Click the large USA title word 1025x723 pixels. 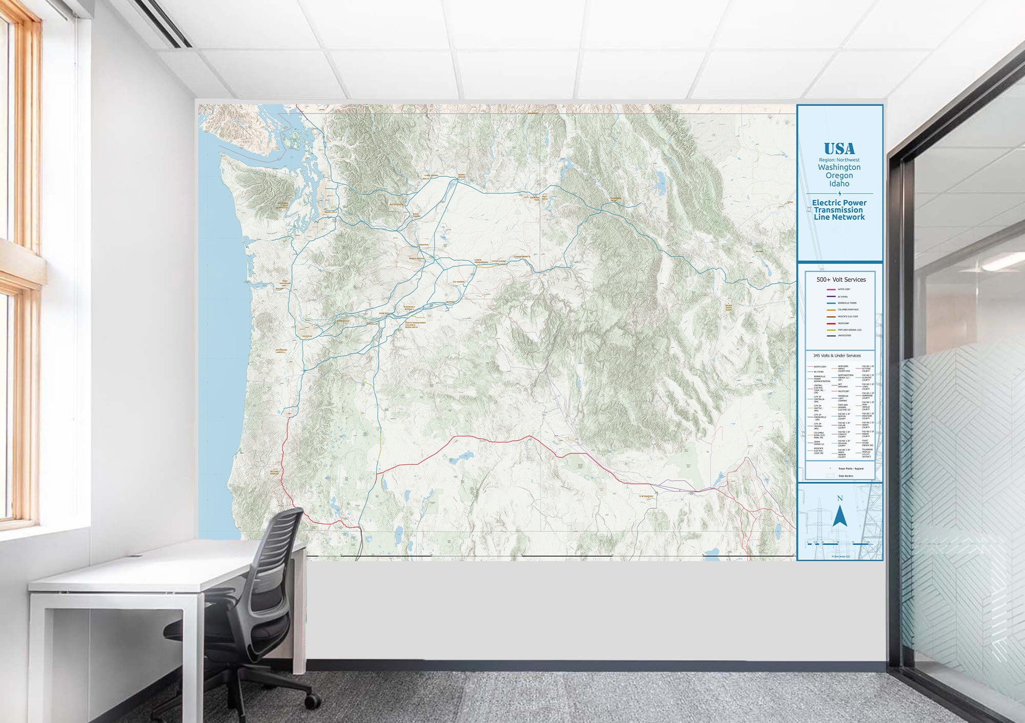click(839, 149)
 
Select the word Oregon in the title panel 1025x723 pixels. click(839, 175)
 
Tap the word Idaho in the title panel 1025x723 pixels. click(839, 183)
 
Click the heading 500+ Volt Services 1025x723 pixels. click(841, 279)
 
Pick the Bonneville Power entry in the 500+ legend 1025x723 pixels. click(847, 303)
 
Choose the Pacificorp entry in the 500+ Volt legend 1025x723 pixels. click(843, 323)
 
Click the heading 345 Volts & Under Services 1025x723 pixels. click(837, 356)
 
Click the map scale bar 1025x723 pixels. click(839, 543)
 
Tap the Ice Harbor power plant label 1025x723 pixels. click(459, 282)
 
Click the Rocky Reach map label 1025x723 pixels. click(396, 204)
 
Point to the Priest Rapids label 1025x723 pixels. click(417, 259)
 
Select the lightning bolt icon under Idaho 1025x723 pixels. click(839, 193)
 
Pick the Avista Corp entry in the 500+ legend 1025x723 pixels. click(844, 290)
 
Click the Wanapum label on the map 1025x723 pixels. click(423, 245)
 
